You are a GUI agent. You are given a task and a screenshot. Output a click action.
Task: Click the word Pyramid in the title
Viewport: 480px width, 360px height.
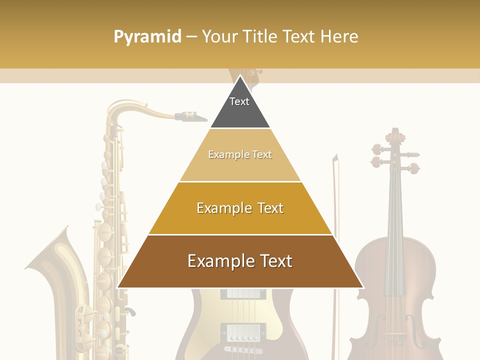(x=147, y=36)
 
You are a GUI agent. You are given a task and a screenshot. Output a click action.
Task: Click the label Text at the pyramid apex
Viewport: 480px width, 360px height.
(x=239, y=101)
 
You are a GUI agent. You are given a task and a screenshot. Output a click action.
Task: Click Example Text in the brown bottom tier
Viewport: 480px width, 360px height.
(x=240, y=261)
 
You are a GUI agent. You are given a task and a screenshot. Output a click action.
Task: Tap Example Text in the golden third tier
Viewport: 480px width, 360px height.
(x=240, y=208)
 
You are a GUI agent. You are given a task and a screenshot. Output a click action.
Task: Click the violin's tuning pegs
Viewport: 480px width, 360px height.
(x=395, y=157)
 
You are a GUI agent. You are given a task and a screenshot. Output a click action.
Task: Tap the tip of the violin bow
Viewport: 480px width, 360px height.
(x=335, y=158)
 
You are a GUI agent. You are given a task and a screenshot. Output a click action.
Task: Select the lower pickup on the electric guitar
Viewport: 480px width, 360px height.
(x=243, y=331)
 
